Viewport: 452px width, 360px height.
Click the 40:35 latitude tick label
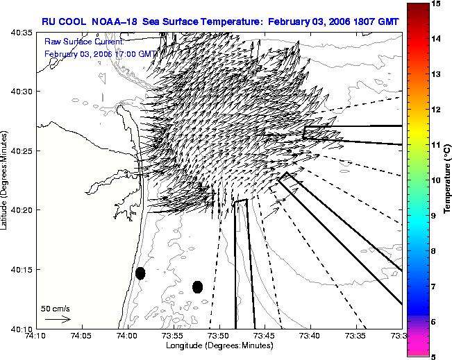(x=22, y=33)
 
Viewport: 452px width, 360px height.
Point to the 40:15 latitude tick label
(x=22, y=270)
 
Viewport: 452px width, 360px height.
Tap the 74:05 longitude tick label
(x=83, y=336)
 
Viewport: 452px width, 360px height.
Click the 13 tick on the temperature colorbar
(x=436, y=74)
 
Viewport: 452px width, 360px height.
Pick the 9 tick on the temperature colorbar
(x=434, y=216)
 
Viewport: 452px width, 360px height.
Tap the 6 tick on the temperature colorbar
(x=433, y=322)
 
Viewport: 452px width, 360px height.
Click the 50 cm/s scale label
(x=56, y=309)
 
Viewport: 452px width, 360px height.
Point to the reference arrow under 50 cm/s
(x=58, y=319)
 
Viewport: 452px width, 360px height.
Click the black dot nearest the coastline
(x=140, y=273)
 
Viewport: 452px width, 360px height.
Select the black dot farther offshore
(x=197, y=287)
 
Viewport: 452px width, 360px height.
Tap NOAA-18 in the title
(x=114, y=22)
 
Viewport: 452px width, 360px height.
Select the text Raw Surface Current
(x=84, y=42)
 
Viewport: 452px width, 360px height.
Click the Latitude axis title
(x=3, y=180)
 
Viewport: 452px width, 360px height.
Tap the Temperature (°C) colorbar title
(x=447, y=180)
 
